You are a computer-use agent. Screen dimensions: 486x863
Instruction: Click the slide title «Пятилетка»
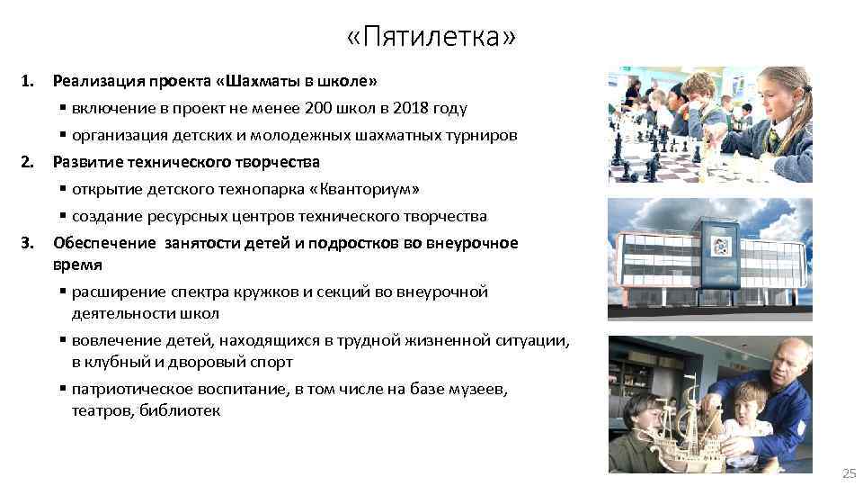click(x=431, y=39)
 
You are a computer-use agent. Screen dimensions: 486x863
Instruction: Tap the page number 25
click(x=848, y=473)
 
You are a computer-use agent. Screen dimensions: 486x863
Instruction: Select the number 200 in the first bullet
click(x=318, y=108)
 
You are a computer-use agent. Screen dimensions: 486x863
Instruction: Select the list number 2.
click(x=28, y=163)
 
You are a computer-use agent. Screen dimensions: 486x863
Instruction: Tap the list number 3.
click(x=28, y=243)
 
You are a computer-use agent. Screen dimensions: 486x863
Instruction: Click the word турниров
click(x=485, y=135)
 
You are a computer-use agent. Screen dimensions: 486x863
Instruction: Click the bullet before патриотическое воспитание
click(x=63, y=389)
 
